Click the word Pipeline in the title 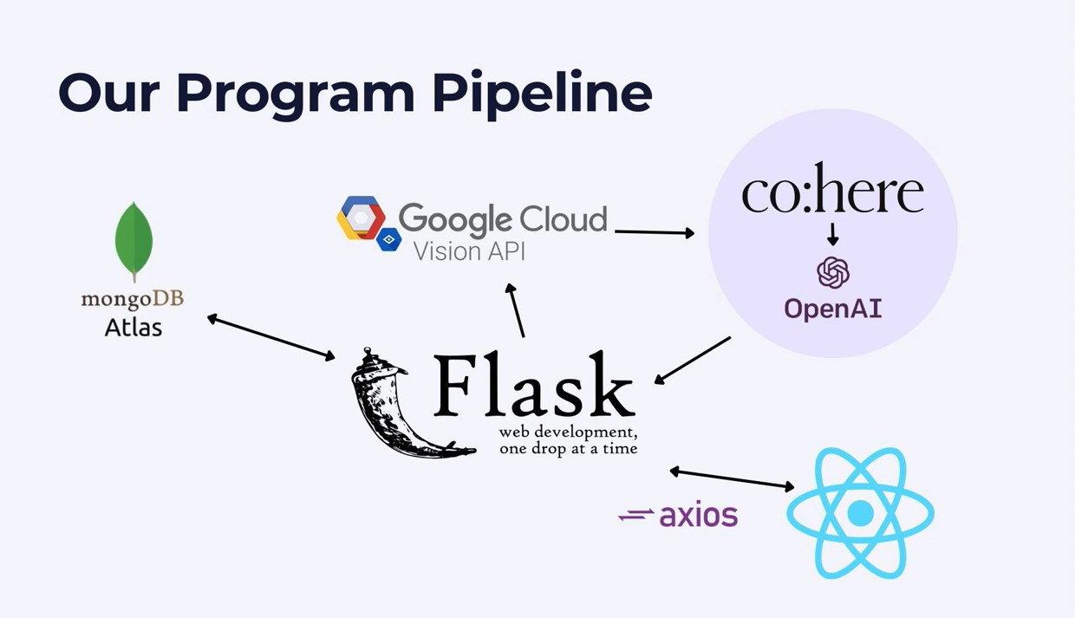click(542, 93)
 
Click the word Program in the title click(296, 93)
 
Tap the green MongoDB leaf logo click(134, 241)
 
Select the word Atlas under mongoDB click(134, 327)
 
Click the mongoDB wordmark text click(133, 299)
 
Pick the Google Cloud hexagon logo click(362, 218)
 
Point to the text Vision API click(469, 251)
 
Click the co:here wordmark click(832, 191)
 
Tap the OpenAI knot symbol click(833, 273)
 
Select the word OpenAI click(833, 309)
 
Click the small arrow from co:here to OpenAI click(833, 234)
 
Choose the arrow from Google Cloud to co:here click(655, 231)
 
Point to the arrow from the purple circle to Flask click(693, 360)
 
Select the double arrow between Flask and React click(732, 478)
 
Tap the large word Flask click(533, 386)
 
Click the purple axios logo click(679, 516)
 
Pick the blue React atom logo click(860, 513)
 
